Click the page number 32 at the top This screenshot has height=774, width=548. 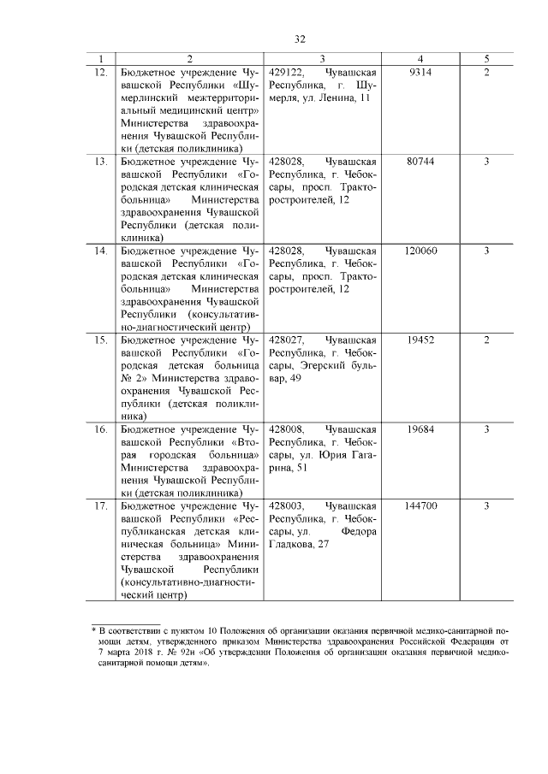(x=300, y=38)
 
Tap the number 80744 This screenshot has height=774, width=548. (x=420, y=162)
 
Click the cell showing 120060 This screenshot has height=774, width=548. (x=420, y=251)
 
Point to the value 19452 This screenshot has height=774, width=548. (x=420, y=340)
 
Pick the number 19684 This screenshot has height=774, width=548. (x=420, y=429)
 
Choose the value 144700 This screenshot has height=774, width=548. (x=420, y=506)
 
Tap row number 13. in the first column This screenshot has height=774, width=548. (x=100, y=162)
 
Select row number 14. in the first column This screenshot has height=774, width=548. (x=100, y=251)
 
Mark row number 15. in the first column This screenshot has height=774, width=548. (x=100, y=340)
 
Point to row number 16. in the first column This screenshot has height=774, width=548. (x=100, y=429)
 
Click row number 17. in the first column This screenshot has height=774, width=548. (x=100, y=506)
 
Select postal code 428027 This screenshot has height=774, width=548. (x=288, y=340)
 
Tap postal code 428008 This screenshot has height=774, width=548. (x=288, y=429)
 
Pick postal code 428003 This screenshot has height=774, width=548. (x=288, y=506)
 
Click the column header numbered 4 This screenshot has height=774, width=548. (x=420, y=59)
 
